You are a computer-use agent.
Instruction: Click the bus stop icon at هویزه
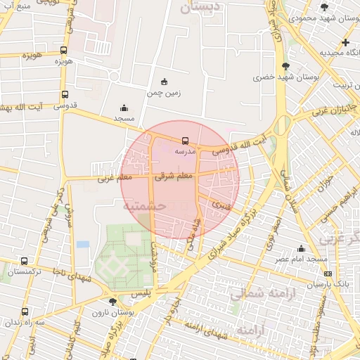click(x=64, y=51)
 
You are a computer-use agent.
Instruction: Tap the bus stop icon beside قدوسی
click(x=65, y=94)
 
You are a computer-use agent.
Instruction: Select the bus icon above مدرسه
click(x=185, y=141)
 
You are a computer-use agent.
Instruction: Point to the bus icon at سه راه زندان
click(x=25, y=311)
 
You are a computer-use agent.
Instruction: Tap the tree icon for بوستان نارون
click(x=113, y=302)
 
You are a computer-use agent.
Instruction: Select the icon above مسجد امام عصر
click(x=302, y=248)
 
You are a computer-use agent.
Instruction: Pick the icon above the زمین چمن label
click(x=164, y=81)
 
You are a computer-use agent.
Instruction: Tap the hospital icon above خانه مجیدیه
click(x=345, y=42)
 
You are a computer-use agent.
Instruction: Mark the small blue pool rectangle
click(x=83, y=245)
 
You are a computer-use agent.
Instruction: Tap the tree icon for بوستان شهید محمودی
click(x=323, y=7)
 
